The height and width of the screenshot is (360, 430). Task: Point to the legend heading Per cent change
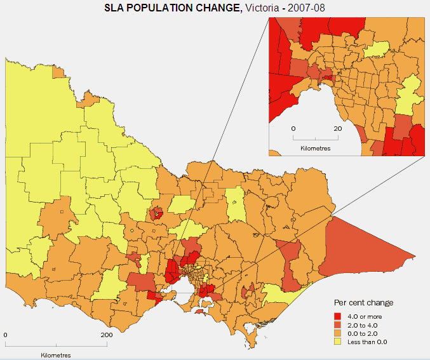click(x=363, y=302)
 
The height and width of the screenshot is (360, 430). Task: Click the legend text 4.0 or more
click(x=365, y=316)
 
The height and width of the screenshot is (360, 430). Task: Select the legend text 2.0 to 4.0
click(x=363, y=324)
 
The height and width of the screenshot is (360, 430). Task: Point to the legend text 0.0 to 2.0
click(x=363, y=333)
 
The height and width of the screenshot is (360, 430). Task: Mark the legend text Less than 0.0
click(x=367, y=342)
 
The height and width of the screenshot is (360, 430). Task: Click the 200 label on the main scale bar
click(x=106, y=335)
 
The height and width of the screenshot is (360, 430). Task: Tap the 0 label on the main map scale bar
click(x=6, y=335)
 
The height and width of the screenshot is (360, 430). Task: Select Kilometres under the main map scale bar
click(x=56, y=354)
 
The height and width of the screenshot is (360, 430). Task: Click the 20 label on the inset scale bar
click(x=338, y=128)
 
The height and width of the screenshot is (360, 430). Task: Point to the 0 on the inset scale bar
click(x=293, y=128)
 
